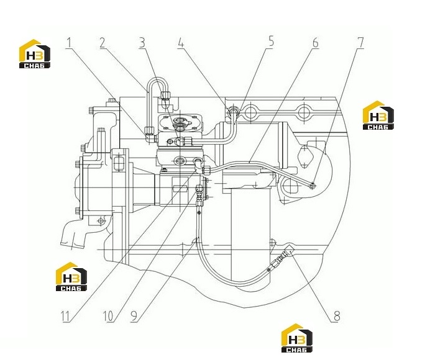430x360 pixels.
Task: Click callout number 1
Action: pos(69,43)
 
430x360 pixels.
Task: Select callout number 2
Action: pos(103,43)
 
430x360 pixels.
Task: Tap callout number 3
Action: pos(142,43)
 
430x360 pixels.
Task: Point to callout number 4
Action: pos(180,43)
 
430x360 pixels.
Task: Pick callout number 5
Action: pos(271,41)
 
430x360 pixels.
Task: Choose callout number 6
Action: pos(316,43)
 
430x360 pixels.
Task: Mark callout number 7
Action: pos(360,42)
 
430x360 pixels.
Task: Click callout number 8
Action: pos(337,316)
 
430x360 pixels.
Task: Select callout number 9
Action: pos(134,316)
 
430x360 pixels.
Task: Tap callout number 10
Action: pos(108,316)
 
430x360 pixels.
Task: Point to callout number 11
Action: pos(65,317)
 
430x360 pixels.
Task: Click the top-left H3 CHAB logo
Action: pos(35,54)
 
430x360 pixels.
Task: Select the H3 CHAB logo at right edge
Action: pos(378,115)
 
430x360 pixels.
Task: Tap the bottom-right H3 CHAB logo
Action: pos(297,338)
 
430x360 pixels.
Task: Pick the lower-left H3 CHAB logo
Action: pos(71,276)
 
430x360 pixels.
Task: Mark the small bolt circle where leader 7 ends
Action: pos(312,186)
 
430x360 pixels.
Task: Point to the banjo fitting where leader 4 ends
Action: pos(234,111)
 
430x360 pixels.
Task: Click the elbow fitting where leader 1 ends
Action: pos(150,134)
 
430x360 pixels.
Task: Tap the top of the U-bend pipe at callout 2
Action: pos(155,79)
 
